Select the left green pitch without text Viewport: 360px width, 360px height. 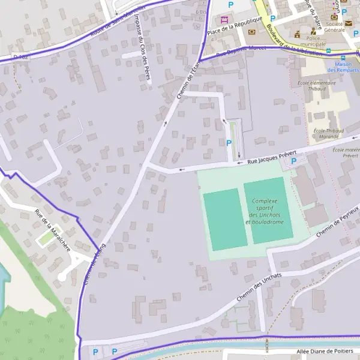225,218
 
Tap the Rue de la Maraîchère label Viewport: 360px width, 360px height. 52,230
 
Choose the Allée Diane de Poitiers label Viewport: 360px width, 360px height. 328,352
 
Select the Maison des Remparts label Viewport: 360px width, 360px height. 343,67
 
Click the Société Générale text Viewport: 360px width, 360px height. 335,26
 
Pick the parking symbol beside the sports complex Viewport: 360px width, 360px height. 293,161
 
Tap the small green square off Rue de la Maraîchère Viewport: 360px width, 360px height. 46,239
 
